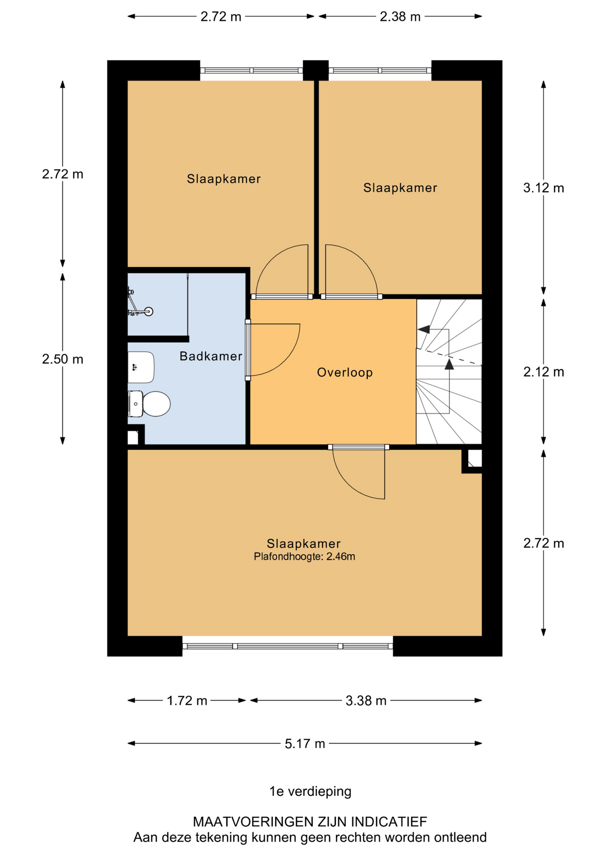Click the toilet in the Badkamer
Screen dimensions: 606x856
point(149,404)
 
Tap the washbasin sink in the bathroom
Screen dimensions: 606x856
point(141,367)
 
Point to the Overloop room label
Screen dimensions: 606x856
point(345,372)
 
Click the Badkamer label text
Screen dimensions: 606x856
point(211,356)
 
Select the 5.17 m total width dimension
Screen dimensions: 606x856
point(305,744)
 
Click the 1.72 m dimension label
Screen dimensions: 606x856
point(187,701)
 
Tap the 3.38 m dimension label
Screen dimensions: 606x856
point(366,701)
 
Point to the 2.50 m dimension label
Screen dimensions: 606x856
point(62,359)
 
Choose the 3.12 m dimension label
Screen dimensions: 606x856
point(544,188)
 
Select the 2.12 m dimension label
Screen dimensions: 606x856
point(544,372)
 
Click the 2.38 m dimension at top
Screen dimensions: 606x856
point(400,16)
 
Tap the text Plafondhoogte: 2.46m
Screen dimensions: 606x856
point(304,556)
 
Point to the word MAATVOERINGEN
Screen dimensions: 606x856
point(253,821)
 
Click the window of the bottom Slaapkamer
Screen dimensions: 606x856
point(287,646)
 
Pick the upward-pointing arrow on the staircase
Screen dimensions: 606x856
point(449,364)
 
